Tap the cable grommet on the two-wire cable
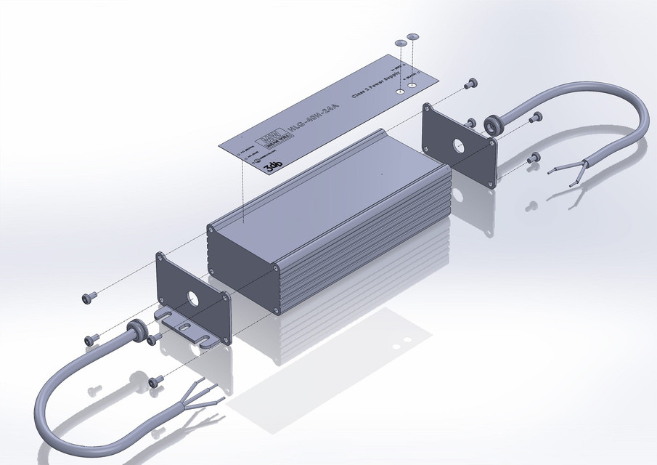tap(493, 124)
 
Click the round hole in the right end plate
tap(460, 143)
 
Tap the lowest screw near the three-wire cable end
tap(155, 381)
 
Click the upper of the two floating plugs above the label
tap(414, 36)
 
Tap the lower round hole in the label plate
tap(399, 93)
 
